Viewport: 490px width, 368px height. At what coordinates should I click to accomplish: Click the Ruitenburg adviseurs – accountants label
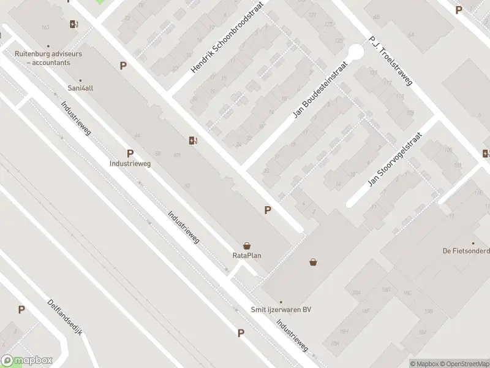48,58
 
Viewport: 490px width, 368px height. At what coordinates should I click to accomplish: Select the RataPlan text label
247,256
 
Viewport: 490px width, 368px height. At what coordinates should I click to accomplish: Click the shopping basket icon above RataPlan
247,245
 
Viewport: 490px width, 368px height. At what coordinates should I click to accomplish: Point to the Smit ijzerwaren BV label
281,310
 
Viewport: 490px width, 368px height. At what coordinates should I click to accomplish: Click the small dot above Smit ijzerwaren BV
281,302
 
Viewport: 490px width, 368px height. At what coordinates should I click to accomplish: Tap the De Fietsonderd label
466,250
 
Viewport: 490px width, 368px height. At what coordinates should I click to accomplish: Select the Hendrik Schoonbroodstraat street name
230,44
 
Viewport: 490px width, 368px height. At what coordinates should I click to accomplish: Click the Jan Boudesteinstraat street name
320,89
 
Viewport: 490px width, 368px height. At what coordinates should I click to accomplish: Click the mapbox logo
27,361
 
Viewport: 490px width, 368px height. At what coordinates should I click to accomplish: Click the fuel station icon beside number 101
193,140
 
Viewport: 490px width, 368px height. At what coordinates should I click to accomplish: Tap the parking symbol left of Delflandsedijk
21,310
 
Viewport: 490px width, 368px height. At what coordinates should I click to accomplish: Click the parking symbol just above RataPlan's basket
267,210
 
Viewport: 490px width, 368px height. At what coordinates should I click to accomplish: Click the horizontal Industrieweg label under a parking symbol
130,164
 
